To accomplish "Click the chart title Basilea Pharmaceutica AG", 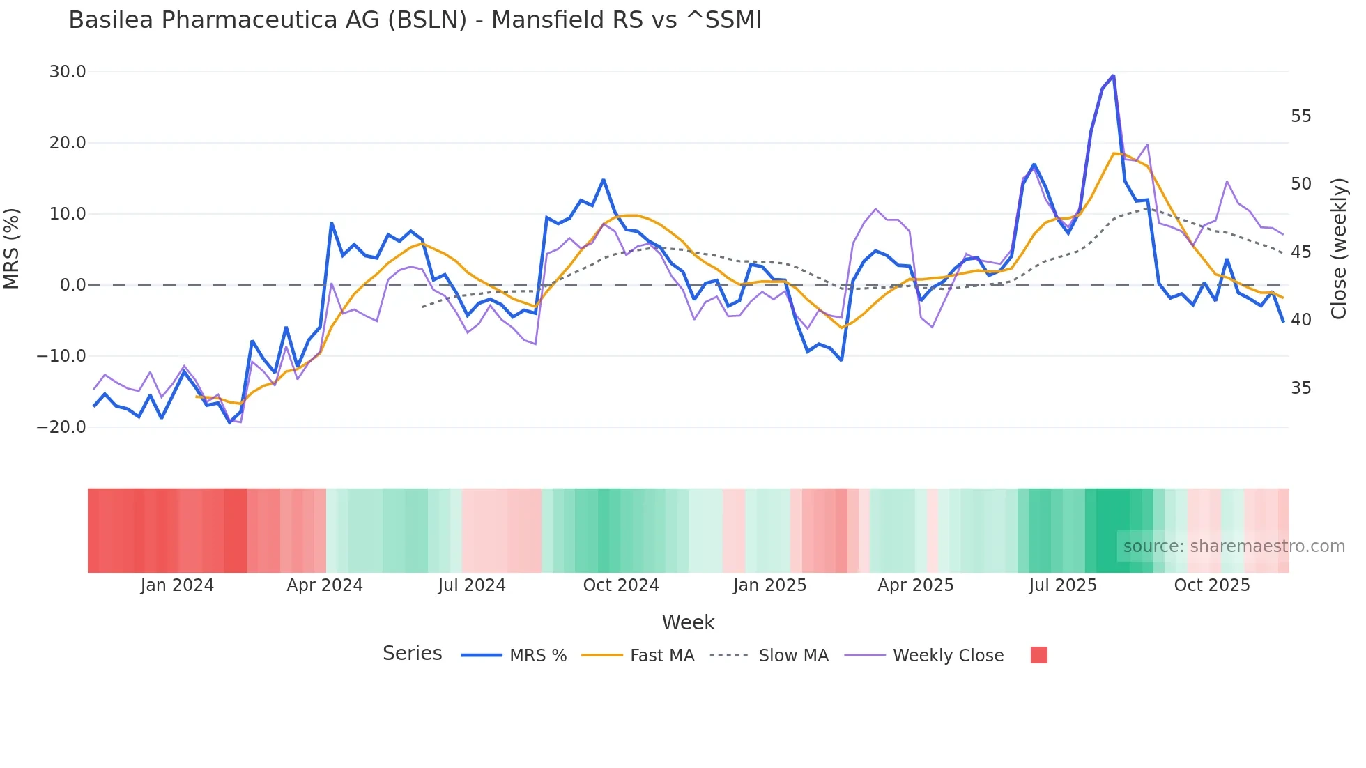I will [415, 20].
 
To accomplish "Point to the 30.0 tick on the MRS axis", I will [68, 72].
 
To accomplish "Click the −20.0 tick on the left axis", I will [61, 427].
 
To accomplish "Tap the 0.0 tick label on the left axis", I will [72, 285].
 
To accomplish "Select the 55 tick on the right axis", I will [1300, 116].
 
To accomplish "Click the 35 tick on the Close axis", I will [1300, 388].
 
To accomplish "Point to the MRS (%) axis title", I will [12, 249].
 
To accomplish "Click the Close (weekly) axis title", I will [1338, 249].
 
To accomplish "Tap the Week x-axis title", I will [688, 622].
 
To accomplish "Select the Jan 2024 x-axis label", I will [177, 585].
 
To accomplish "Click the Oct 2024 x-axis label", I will [621, 585].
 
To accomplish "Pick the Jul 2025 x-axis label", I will [1062, 585].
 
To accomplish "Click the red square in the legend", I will [1038, 655].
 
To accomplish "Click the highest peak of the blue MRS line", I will [1113, 75].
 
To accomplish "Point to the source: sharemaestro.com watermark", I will [1234, 546].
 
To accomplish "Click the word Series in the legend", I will [412, 654].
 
